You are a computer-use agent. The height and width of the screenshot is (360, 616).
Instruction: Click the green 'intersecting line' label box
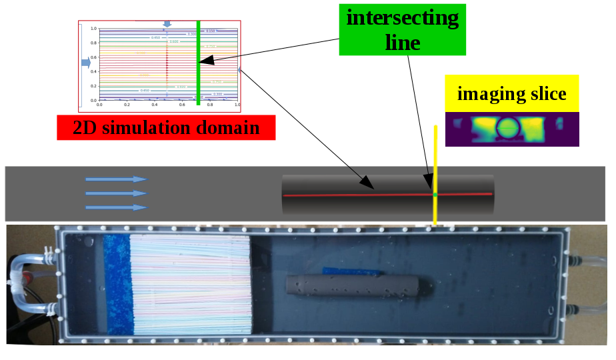(402, 29)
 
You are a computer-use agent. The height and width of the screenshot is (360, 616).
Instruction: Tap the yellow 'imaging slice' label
(512, 93)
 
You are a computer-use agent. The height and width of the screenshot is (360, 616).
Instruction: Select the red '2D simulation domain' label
(166, 127)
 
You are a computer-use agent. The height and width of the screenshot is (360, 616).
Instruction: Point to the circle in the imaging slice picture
(507, 127)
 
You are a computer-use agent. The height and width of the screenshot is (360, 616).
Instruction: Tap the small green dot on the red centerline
(435, 195)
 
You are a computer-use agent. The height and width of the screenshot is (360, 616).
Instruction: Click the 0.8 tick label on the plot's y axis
(94, 43)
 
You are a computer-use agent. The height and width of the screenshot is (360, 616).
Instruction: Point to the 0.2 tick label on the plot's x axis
(127, 105)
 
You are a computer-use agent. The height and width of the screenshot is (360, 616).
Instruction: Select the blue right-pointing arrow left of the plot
(85, 63)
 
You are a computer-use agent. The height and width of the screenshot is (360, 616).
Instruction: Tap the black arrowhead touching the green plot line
(206, 61)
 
